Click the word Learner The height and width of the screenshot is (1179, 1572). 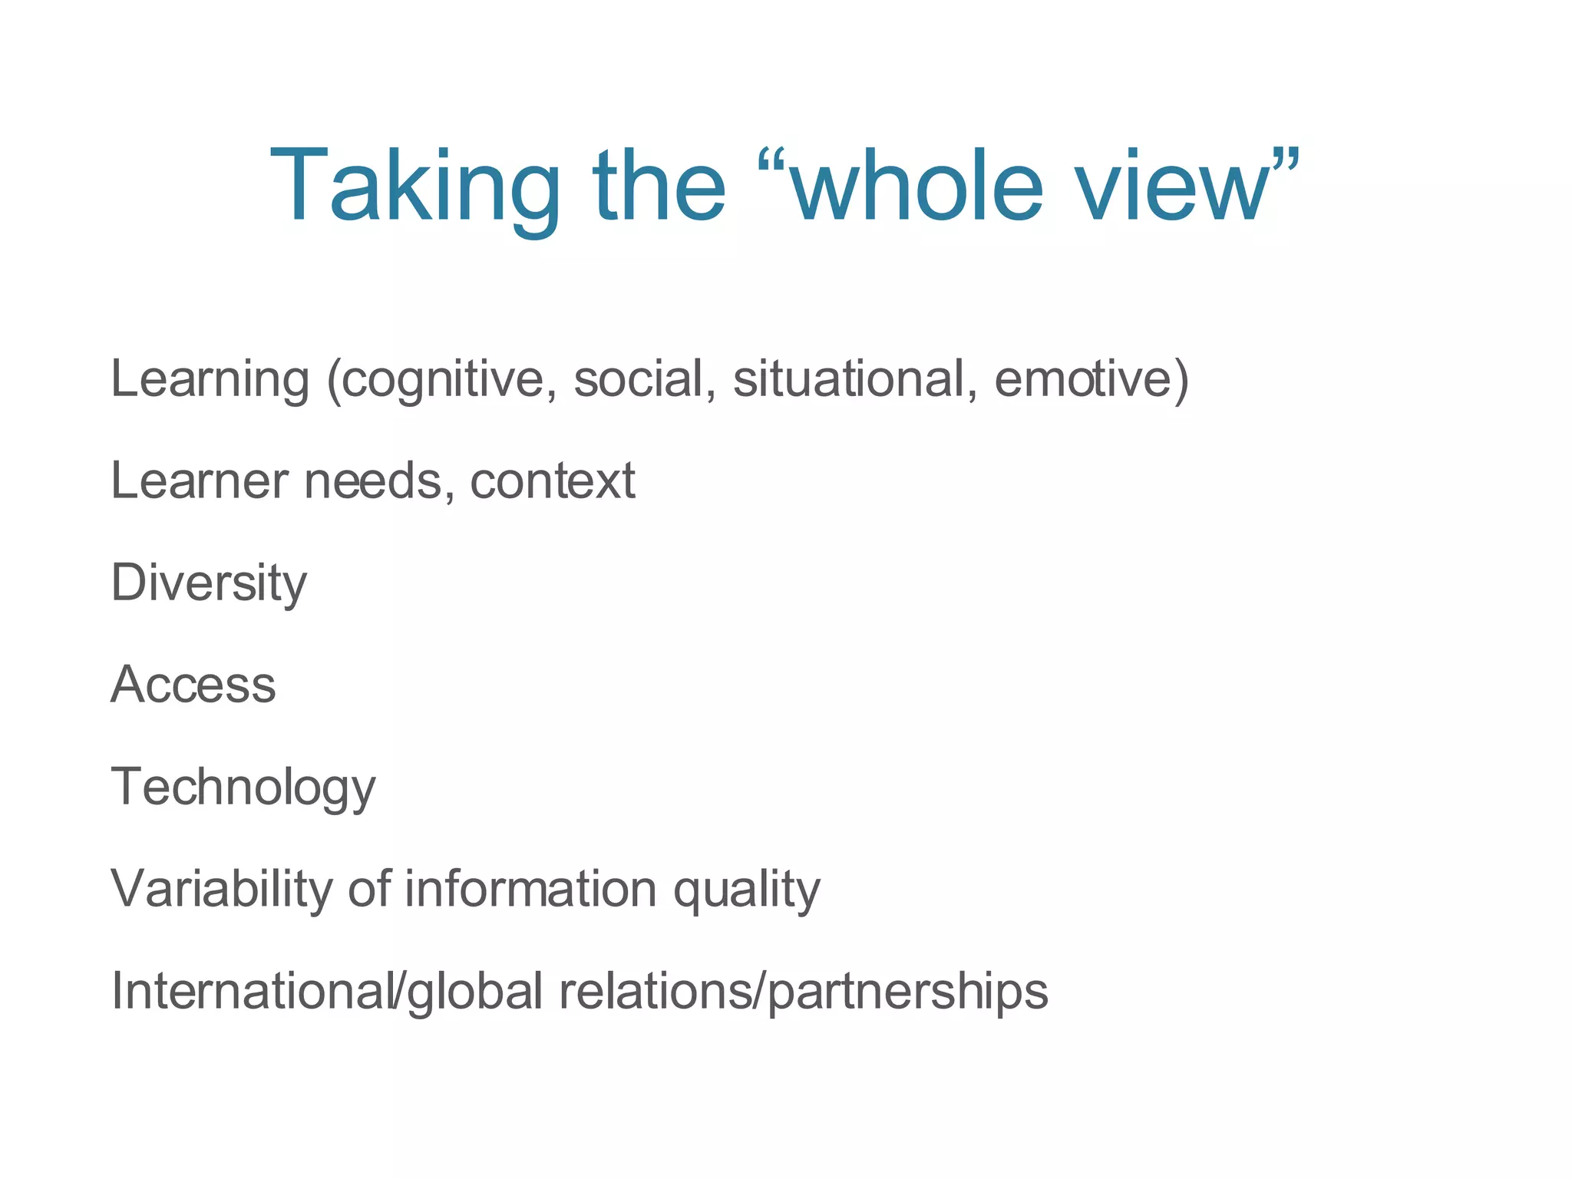pyautogui.click(x=200, y=481)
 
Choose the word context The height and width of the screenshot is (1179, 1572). pyautogui.click(x=552, y=481)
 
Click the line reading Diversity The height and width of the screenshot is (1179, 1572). pyautogui.click(x=209, y=583)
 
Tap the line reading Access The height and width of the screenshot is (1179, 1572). pyautogui.click(x=193, y=685)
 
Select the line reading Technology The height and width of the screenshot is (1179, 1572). pyautogui.click(x=243, y=788)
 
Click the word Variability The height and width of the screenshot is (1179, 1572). pyautogui.click(x=222, y=890)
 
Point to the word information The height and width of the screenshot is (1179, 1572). pyautogui.click(x=530, y=890)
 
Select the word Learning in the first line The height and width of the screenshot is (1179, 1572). pyautogui.click(x=210, y=379)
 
